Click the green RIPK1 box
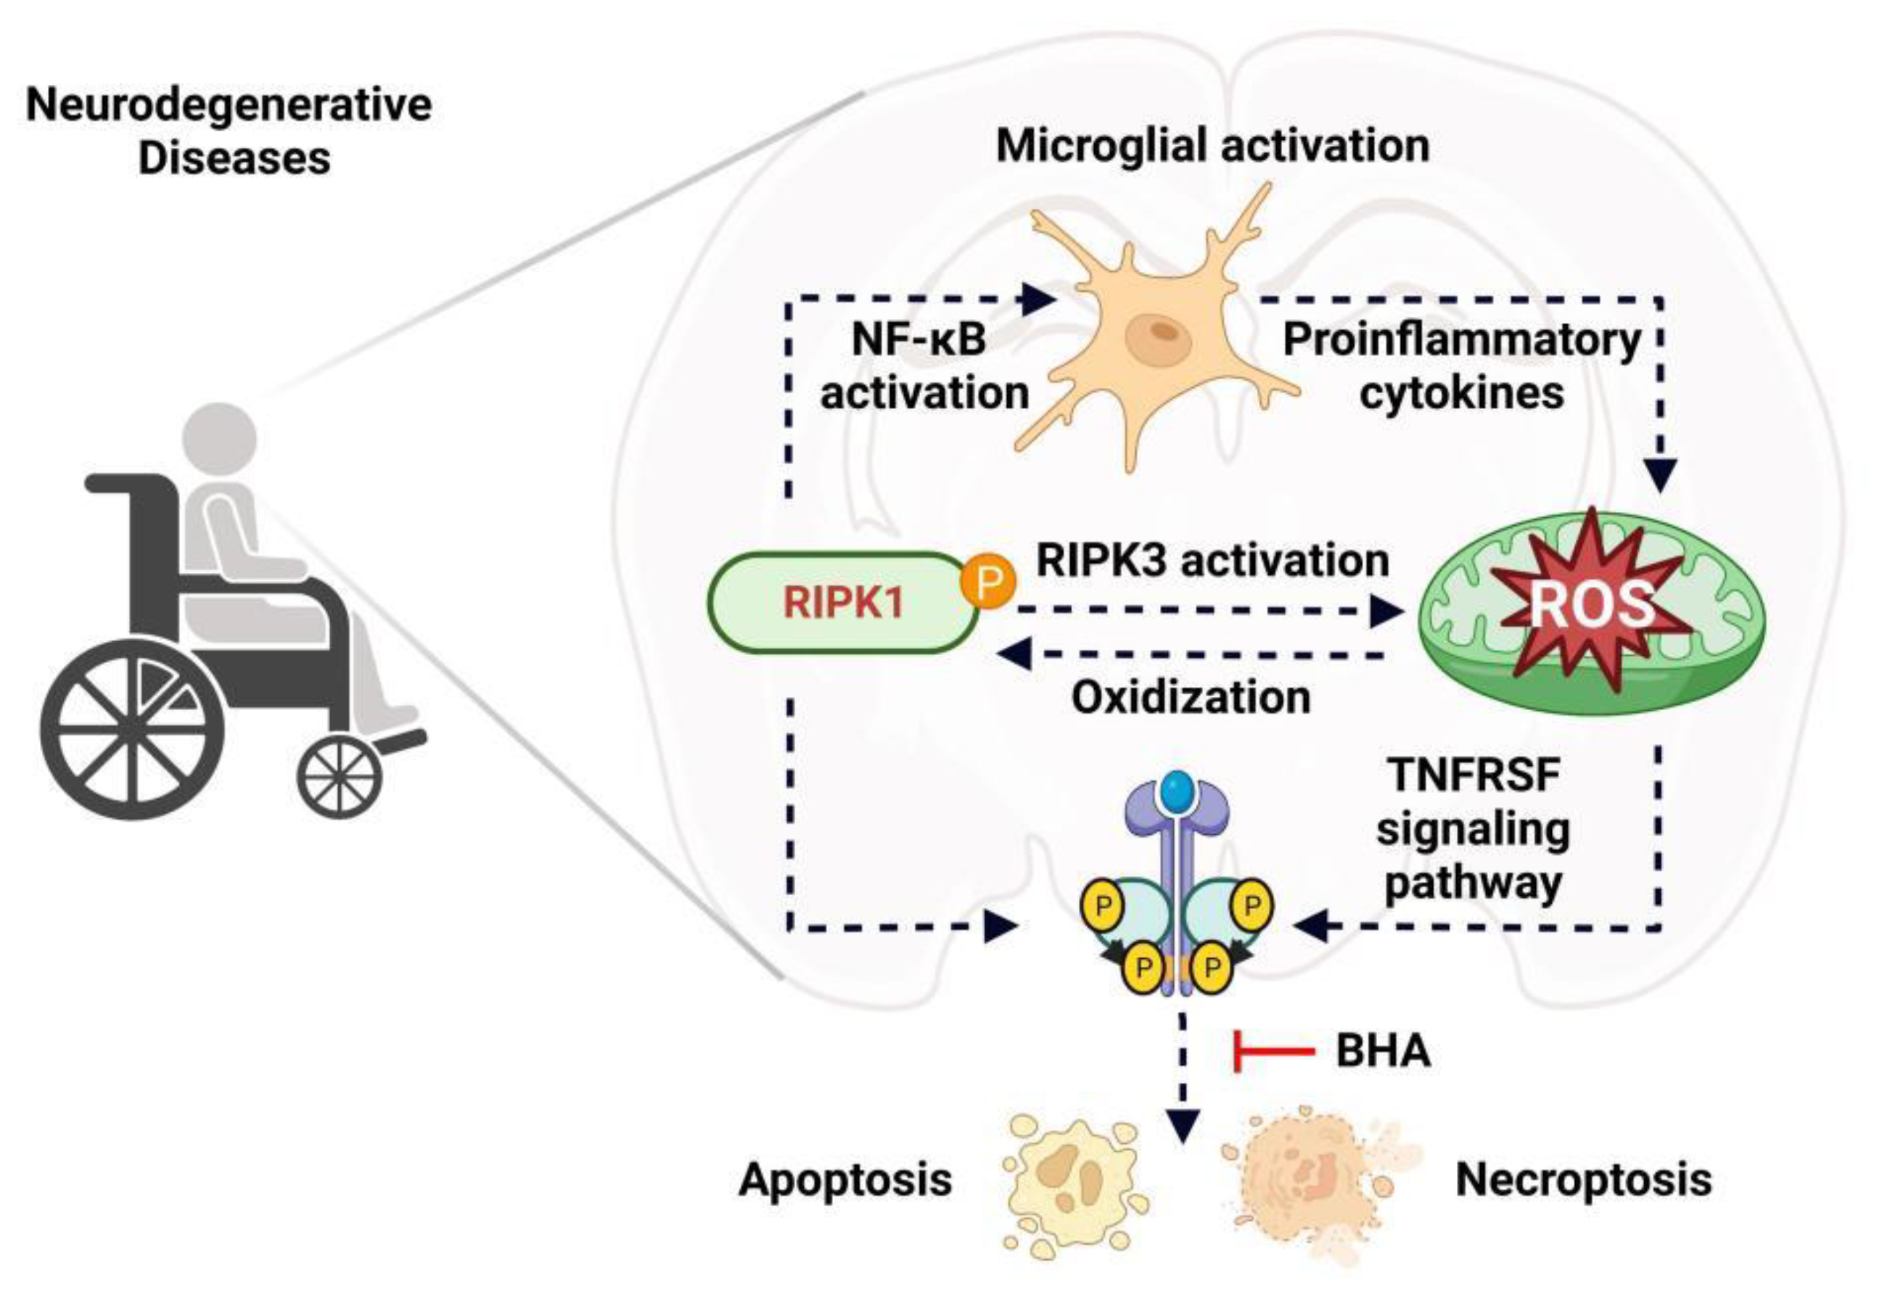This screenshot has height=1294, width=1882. (x=843, y=603)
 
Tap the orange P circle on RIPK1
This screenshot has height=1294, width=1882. (x=987, y=580)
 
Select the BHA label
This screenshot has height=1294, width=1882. (x=1384, y=1052)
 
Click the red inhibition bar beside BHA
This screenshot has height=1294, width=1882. (x=1273, y=1052)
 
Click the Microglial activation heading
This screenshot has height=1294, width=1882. (x=1212, y=146)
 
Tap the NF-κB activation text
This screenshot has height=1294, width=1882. (x=924, y=366)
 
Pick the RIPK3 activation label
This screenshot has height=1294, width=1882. (x=1212, y=560)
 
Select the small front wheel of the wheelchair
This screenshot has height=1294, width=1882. (x=339, y=778)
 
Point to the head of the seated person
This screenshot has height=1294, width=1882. (x=219, y=440)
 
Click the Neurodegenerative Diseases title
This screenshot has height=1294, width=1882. (x=229, y=131)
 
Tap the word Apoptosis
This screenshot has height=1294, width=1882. (x=845, y=1179)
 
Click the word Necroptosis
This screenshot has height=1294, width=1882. (x=1584, y=1179)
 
